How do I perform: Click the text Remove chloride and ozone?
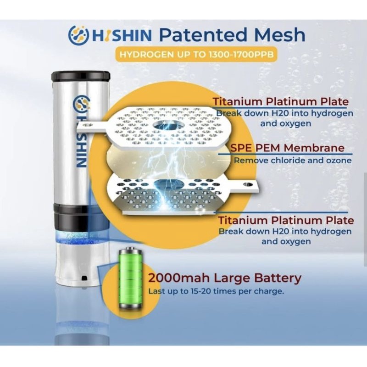(293, 160)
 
